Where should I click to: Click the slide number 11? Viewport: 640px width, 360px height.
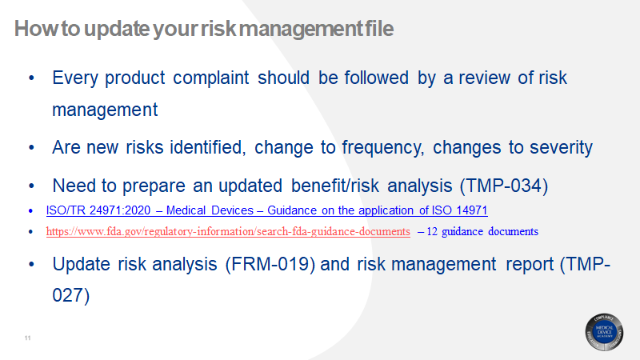point(27,340)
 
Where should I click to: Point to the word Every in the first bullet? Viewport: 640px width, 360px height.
point(78,78)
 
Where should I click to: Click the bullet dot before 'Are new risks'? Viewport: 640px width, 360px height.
point(31,148)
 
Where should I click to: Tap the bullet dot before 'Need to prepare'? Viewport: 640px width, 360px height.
point(31,186)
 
